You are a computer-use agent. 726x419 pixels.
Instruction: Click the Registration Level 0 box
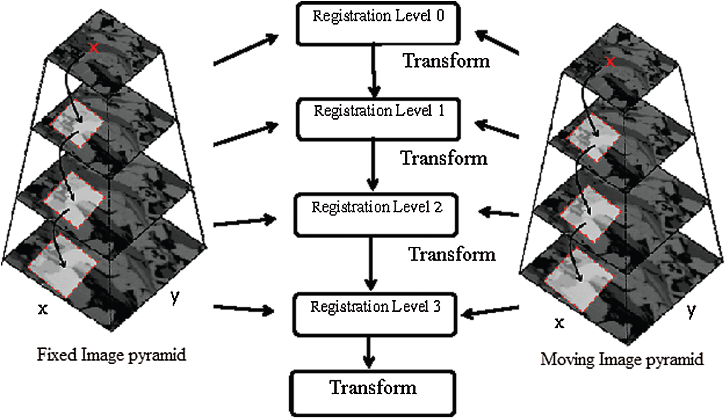(x=378, y=24)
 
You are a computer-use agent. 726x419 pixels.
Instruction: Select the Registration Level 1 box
(x=378, y=118)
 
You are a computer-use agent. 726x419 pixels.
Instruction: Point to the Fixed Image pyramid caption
(x=112, y=354)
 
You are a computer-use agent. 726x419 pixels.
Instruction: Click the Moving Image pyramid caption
(x=622, y=359)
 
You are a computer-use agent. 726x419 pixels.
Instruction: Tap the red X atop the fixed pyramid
(x=96, y=50)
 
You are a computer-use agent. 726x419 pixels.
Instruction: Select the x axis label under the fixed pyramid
(x=42, y=310)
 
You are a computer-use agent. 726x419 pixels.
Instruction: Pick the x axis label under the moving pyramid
(x=559, y=323)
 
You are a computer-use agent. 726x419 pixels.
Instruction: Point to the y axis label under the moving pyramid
(x=690, y=311)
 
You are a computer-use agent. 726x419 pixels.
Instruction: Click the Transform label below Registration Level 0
(x=446, y=60)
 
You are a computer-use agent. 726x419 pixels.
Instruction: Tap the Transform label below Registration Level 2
(x=452, y=254)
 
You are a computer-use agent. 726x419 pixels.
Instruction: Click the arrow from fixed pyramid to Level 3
(x=244, y=309)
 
